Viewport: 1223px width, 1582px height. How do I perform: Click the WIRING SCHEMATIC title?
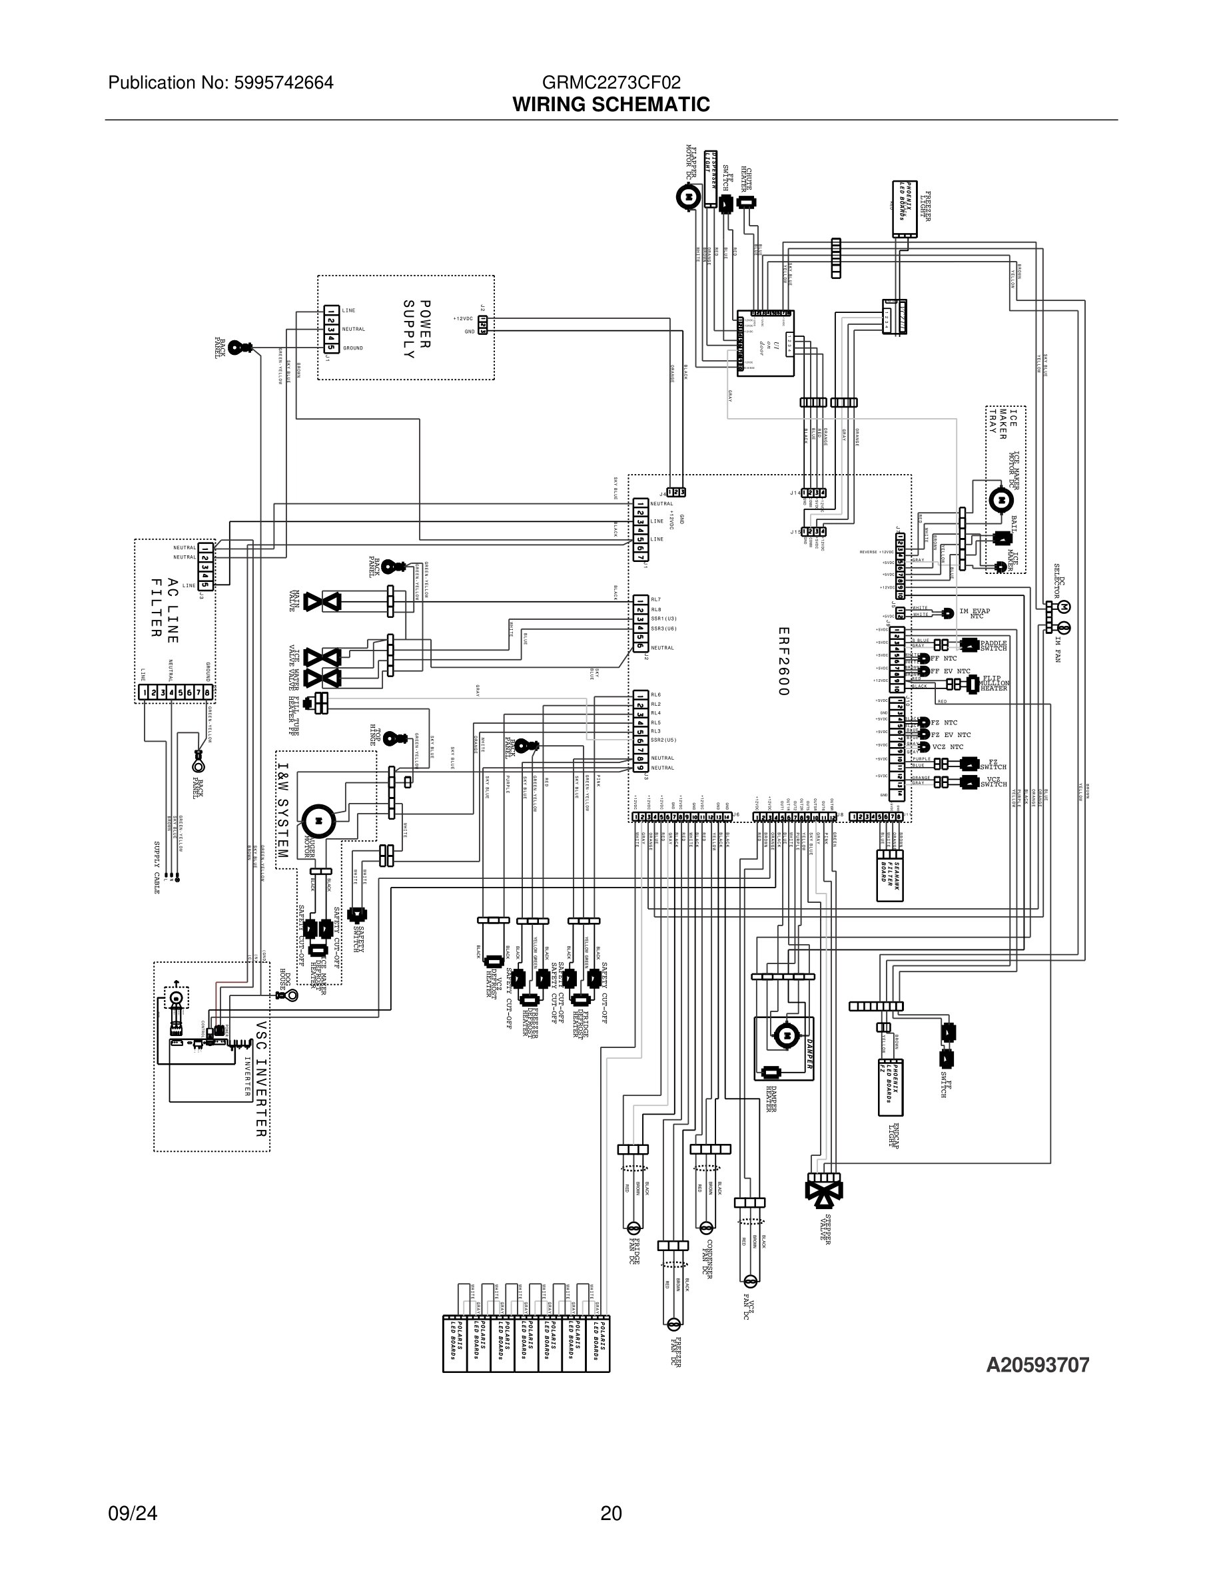click(x=611, y=105)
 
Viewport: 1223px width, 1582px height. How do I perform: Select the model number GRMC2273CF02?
click(x=611, y=83)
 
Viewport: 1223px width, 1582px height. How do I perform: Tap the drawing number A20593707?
click(x=1038, y=1365)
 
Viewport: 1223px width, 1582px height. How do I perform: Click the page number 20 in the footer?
click(x=611, y=1513)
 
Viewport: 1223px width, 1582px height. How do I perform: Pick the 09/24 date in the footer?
click(x=133, y=1513)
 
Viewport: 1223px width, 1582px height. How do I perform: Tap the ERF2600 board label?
click(x=783, y=661)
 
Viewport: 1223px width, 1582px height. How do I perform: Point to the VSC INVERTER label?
click(x=261, y=1079)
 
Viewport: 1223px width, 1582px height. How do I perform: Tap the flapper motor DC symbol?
click(x=687, y=196)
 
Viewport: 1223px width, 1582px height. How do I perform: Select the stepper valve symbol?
click(x=825, y=1189)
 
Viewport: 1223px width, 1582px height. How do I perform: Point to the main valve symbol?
click(x=322, y=602)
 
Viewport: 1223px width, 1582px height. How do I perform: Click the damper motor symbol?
click(x=783, y=1035)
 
